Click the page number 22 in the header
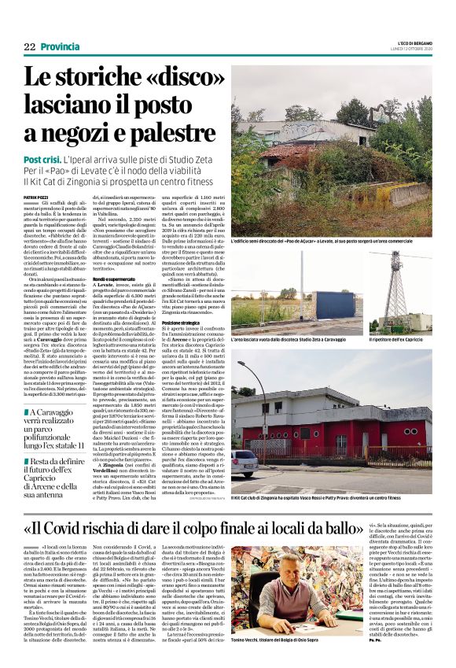[x=30, y=46]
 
